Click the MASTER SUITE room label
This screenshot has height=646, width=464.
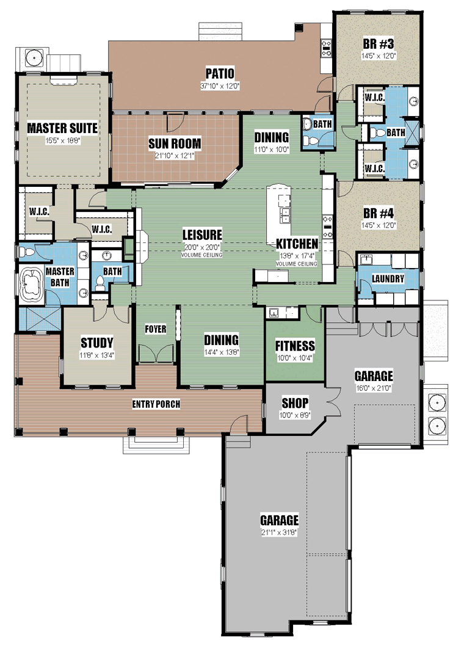[62, 128]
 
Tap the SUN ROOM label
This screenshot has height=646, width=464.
[175, 143]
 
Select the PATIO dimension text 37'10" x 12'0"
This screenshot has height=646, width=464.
[220, 86]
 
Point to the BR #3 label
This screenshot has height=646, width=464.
[379, 43]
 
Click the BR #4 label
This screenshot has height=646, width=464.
[379, 213]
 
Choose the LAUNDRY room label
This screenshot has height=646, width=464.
[388, 279]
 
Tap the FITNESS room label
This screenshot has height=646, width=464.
[295, 346]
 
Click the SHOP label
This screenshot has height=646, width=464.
[295, 402]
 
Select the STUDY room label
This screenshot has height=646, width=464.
[97, 343]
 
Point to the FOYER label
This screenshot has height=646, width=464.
[155, 329]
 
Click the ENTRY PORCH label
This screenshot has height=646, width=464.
[156, 404]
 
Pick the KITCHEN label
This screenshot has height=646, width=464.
[297, 244]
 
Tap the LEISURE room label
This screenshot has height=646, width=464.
[202, 234]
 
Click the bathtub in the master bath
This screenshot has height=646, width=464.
[31, 285]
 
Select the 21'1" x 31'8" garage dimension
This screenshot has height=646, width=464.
[280, 532]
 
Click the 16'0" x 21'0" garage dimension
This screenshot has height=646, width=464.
[374, 388]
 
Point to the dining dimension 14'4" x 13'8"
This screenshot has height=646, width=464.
[222, 352]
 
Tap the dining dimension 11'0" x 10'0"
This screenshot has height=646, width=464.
[272, 150]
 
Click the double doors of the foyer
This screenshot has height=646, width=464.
[155, 354]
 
